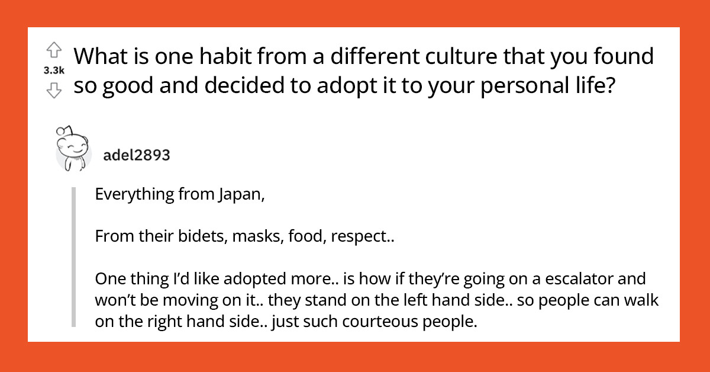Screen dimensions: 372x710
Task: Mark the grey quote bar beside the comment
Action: [x=74, y=258]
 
